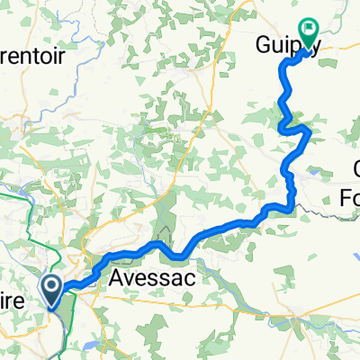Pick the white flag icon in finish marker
pos(309,30)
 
